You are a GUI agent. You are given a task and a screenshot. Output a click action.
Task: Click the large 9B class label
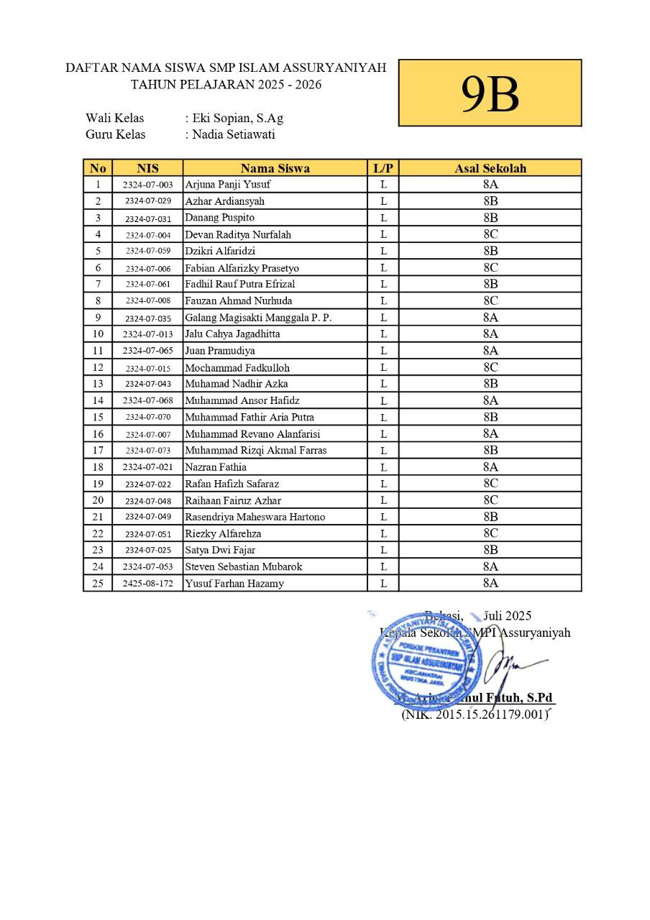[x=490, y=93]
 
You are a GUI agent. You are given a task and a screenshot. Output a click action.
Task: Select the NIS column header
[x=147, y=168]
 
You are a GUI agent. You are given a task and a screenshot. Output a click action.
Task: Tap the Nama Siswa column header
[x=275, y=168]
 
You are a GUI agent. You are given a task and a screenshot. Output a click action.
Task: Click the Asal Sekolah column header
[x=490, y=168]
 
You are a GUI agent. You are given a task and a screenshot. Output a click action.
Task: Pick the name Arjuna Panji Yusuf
[x=228, y=185]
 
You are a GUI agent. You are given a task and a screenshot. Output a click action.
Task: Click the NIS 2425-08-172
[x=147, y=584]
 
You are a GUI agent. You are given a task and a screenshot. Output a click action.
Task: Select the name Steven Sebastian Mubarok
[x=244, y=566]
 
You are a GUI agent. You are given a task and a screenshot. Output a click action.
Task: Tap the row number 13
[x=98, y=384]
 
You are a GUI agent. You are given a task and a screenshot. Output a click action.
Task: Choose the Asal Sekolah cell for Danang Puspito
[x=490, y=218]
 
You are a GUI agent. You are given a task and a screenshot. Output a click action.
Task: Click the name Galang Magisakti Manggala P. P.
[x=258, y=318]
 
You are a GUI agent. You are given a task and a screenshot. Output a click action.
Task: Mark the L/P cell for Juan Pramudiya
[x=384, y=351]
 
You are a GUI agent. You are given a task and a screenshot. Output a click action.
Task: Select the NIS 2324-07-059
[x=147, y=251]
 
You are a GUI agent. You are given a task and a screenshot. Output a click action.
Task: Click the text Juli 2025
[x=508, y=616]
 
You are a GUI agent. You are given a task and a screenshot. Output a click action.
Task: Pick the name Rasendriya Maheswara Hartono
[x=255, y=517]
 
